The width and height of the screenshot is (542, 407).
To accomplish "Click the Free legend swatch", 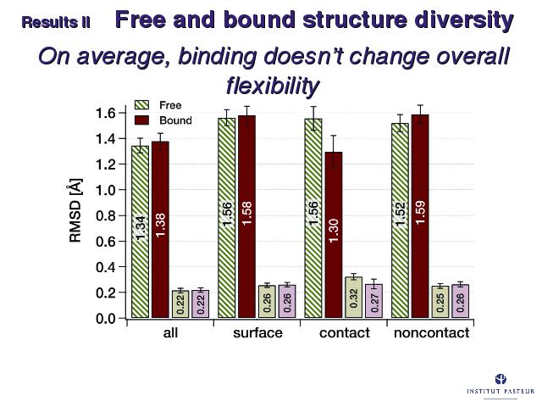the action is click(x=141, y=105).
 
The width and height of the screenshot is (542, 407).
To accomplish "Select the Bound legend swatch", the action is click(x=141, y=120).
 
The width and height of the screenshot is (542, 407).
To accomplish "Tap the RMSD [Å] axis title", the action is click(x=75, y=210).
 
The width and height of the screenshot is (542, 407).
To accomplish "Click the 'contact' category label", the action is click(x=345, y=333).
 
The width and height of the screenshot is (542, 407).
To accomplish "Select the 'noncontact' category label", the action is click(x=431, y=333).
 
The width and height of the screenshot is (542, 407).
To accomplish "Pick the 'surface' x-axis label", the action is click(x=257, y=333).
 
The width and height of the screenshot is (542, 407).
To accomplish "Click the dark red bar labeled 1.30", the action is click(x=334, y=235).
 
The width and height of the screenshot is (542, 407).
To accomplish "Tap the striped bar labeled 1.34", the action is click(x=140, y=231).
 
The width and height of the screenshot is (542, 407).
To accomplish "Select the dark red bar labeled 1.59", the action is click(x=420, y=216).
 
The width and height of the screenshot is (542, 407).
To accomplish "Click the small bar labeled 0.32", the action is click(x=354, y=297).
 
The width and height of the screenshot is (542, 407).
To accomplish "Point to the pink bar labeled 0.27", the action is click(x=374, y=301).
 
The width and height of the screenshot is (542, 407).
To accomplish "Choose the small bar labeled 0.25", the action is click(x=440, y=302).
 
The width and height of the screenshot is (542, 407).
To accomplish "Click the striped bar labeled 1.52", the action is click(x=400, y=220).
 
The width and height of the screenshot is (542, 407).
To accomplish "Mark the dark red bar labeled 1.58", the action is click(x=246, y=217).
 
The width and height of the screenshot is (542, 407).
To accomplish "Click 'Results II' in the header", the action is click(x=56, y=23).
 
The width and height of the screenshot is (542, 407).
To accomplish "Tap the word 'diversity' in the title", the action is click(x=464, y=20).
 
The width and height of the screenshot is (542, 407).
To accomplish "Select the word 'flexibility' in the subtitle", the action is click(x=273, y=86).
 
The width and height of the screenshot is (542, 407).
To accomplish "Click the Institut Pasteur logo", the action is click(x=501, y=383).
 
